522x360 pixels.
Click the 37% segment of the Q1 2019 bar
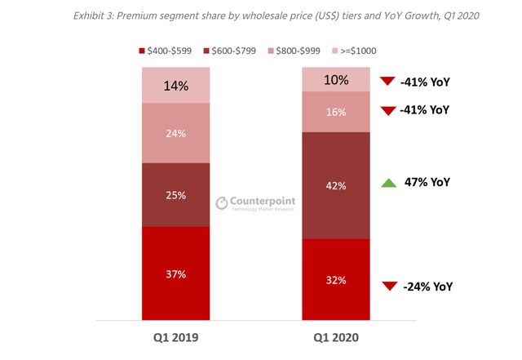pos(175,273)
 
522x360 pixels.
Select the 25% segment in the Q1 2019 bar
pos(175,195)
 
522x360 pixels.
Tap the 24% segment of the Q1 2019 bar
pos(175,133)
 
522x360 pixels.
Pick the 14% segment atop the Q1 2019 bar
pos(175,85)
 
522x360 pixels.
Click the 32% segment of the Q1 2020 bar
pos(335,280)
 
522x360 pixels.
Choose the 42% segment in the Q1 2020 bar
pos(335,185)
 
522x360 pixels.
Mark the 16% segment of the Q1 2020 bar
pos(335,112)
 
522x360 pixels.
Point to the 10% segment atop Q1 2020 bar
pos(335,79)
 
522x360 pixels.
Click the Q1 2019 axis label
pos(175,336)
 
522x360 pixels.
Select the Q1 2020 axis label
pos(335,336)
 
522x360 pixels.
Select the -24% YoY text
pos(427,287)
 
